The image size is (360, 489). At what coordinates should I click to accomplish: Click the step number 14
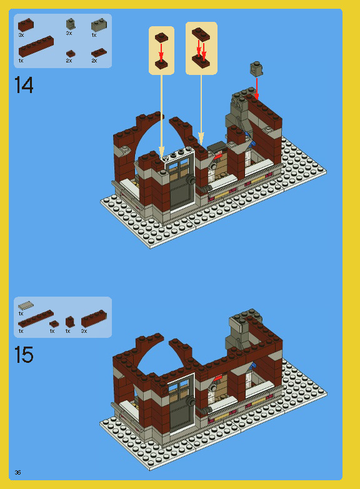pyautogui.click(x=24, y=84)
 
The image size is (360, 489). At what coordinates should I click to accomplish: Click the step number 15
pyautogui.click(x=24, y=355)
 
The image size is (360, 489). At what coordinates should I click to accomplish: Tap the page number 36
pyautogui.click(x=18, y=472)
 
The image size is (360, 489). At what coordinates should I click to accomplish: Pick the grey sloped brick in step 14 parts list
pyautogui.click(x=99, y=25)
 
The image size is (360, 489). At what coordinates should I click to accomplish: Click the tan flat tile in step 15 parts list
pyautogui.click(x=26, y=305)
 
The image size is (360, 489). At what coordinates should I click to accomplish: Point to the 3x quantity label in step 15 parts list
pyautogui.click(x=84, y=331)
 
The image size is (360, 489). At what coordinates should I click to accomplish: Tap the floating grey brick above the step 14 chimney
pyautogui.click(x=256, y=67)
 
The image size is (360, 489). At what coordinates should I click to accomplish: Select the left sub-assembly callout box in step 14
pyautogui.click(x=161, y=49)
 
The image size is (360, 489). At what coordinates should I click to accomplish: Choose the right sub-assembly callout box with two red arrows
pyautogui.click(x=201, y=47)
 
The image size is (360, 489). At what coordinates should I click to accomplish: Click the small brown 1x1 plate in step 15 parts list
pyautogui.click(x=54, y=324)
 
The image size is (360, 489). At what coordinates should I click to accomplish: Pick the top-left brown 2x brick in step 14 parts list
pyautogui.click(x=26, y=25)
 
